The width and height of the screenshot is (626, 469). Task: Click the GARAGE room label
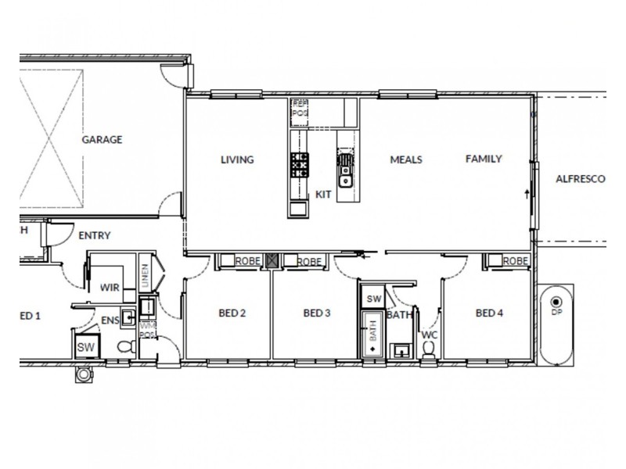[103, 140]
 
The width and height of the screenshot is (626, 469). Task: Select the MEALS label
[406, 159]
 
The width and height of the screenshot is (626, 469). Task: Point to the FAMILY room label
[484, 159]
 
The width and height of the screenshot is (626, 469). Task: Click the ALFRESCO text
[581, 179]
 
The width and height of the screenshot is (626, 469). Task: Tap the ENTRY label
[95, 235]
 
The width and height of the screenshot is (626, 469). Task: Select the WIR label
[110, 288]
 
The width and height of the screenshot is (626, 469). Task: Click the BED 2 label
[232, 313]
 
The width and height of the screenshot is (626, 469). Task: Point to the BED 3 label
[317, 313]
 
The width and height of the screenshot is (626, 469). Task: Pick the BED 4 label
[489, 313]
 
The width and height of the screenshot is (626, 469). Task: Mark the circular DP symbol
[556, 303]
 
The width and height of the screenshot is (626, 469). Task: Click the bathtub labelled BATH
[373, 334]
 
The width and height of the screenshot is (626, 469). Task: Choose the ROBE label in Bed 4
[513, 261]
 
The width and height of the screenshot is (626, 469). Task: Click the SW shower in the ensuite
[85, 346]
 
